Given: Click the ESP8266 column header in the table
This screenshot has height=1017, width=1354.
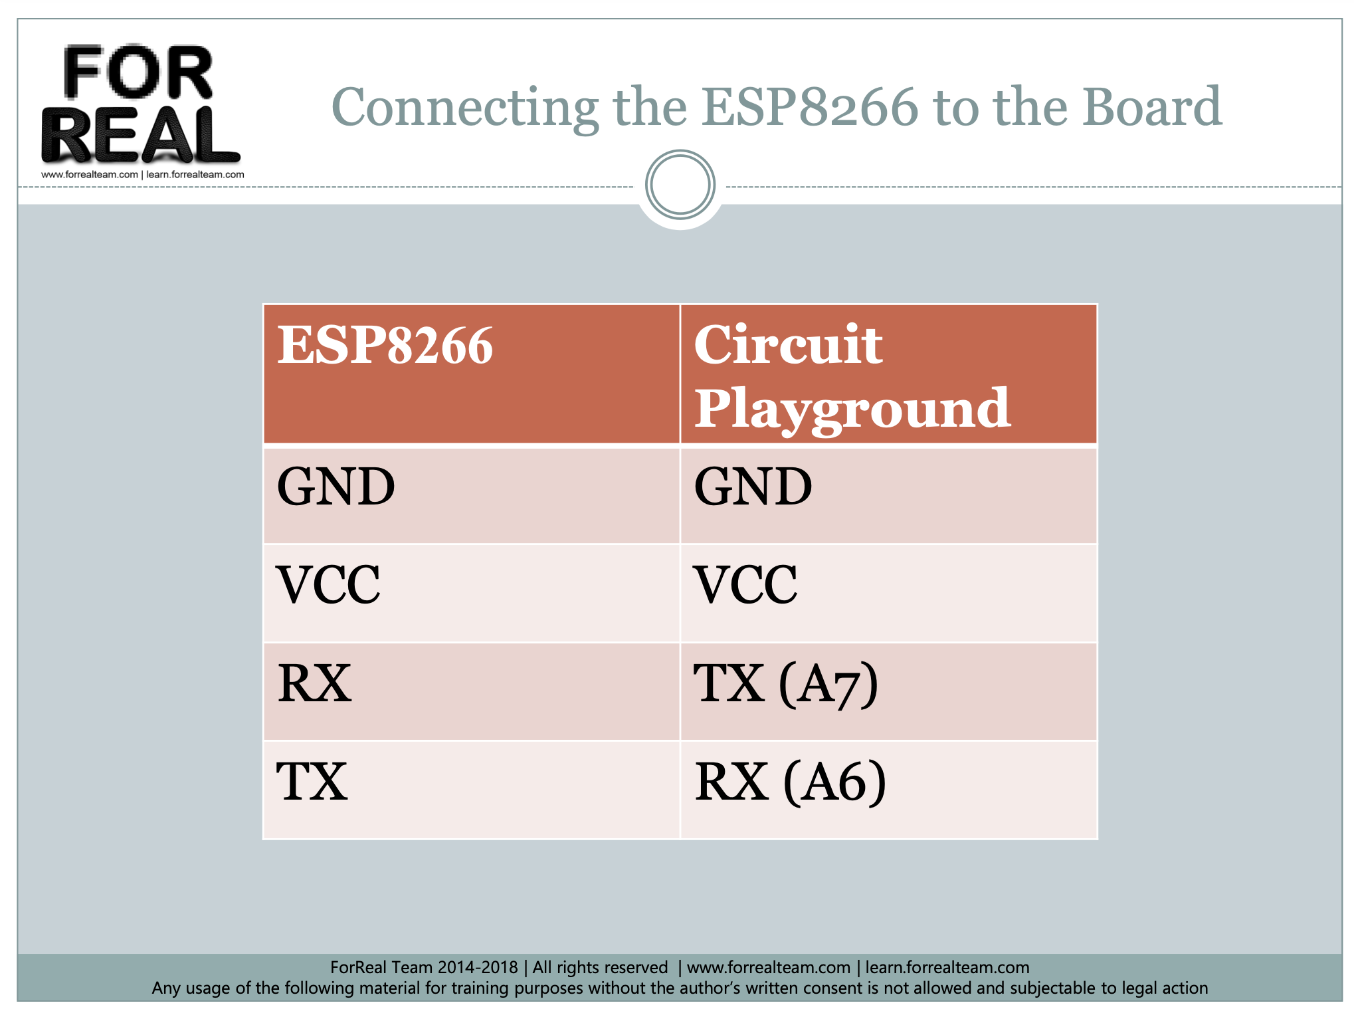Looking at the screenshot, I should (385, 346).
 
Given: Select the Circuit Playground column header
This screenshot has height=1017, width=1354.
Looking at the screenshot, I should (852, 376).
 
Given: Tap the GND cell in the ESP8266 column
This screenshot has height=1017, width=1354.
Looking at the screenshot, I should (336, 487).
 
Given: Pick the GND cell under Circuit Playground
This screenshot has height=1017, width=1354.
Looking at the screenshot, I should (753, 487).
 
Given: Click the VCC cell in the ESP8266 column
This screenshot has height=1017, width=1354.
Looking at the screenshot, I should (329, 585).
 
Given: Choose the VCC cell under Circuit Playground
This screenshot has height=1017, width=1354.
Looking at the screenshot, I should (745, 585).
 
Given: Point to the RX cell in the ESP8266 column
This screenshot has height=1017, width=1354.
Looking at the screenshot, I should (315, 683).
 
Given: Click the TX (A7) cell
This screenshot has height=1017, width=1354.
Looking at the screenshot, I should (786, 685).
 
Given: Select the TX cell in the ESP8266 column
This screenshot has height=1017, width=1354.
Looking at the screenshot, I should (312, 782).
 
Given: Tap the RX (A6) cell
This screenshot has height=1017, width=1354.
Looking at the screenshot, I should (790, 782).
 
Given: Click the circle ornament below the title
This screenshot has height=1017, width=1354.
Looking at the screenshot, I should (680, 185).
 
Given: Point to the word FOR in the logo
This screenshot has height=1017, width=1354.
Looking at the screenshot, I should (138, 72).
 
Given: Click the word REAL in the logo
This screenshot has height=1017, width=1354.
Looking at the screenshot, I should (140, 135).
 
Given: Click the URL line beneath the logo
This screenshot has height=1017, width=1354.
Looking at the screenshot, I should (143, 175).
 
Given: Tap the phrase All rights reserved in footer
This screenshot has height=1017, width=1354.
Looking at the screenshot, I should (600, 967).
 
